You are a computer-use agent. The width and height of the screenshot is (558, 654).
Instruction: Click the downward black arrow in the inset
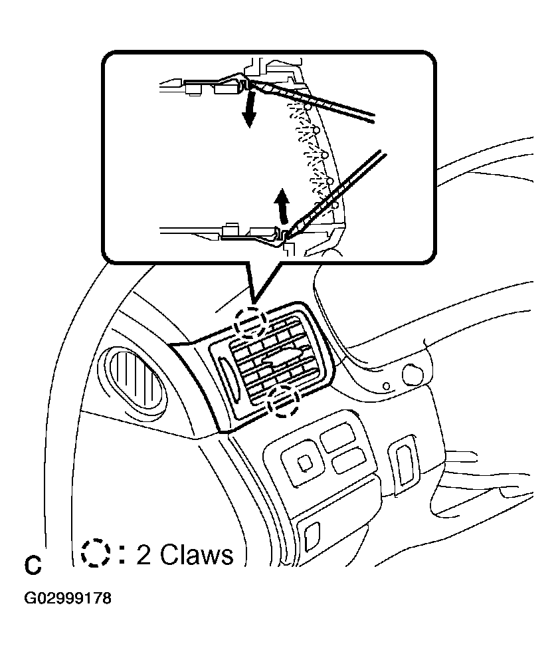tap(248, 110)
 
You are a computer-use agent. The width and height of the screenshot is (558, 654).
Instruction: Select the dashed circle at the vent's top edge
tap(250, 322)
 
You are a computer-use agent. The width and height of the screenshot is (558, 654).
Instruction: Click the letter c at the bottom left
tap(33, 566)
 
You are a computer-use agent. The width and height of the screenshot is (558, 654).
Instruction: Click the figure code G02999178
tap(68, 598)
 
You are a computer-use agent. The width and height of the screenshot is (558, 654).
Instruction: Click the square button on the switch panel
tap(304, 461)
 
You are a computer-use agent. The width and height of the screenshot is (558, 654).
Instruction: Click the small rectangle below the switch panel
tap(311, 532)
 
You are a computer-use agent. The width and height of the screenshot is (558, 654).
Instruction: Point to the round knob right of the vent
tap(413, 374)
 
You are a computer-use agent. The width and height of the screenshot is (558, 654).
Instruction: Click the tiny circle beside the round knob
tap(386, 385)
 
